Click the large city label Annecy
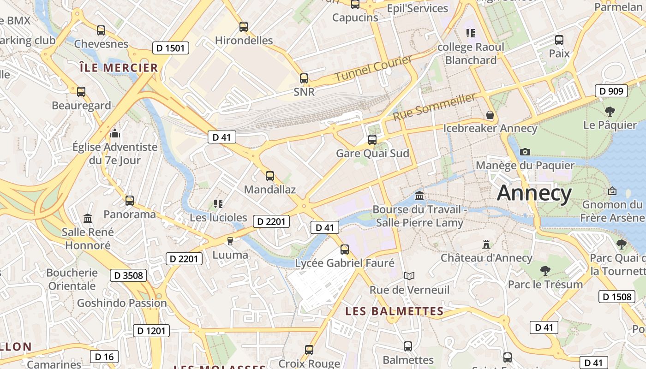tap(534, 193)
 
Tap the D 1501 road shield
tap(171, 48)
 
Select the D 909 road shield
tap(612, 91)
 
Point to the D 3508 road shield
tap(128, 276)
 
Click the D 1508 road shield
tap(616, 297)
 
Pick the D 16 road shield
tap(104, 357)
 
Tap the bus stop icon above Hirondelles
tap(244, 27)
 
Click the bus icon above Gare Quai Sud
tap(372, 139)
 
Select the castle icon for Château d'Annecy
tap(486, 244)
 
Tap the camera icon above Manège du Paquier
tap(525, 152)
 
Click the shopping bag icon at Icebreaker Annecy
tap(490, 115)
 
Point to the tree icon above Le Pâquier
tap(610, 111)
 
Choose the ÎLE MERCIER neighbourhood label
tap(119, 68)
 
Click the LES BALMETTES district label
tap(395, 311)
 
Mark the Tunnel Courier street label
tap(373, 68)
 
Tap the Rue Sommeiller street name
tap(434, 107)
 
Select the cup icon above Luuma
tap(230, 241)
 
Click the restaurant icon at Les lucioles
tap(218, 203)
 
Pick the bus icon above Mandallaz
tap(270, 176)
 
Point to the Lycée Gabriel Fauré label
tap(345, 263)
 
